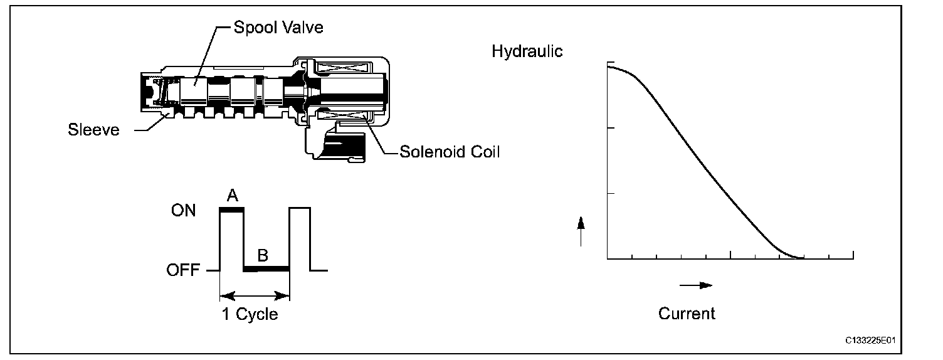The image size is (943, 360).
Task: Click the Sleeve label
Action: point(93,131)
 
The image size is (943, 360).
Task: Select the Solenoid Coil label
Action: point(450,152)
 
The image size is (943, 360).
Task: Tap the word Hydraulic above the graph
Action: point(527,51)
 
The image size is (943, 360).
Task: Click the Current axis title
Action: point(687,313)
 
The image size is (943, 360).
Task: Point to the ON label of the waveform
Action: point(183,211)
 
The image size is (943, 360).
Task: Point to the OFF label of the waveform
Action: point(182,270)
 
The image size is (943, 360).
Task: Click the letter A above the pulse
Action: point(232,196)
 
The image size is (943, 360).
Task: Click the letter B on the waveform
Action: point(263,255)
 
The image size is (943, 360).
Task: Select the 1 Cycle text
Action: point(250,314)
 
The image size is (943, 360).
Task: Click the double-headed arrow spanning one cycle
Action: point(255,294)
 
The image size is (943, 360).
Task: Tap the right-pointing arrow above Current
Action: point(695,285)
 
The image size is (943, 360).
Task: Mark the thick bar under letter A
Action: point(231,210)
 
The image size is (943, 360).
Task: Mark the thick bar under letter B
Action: point(266,268)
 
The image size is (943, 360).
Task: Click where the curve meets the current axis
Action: point(799,258)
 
